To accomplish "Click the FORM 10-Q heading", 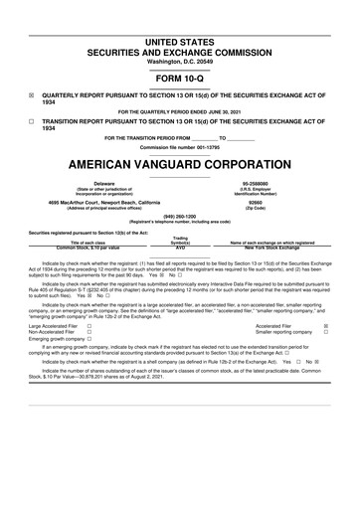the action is click(179, 78).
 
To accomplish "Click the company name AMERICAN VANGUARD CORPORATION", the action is click(179, 163).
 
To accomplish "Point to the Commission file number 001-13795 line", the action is click(179, 147).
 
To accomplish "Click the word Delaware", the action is click(103, 184).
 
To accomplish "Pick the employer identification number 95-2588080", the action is click(255, 184).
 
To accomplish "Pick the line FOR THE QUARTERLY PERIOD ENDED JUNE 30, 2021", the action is click(179, 110).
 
